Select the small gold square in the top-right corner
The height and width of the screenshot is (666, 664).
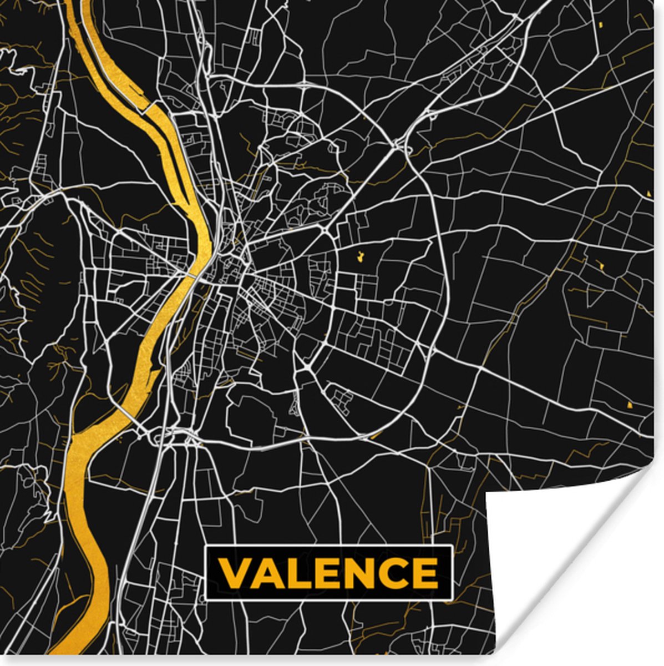pyautogui.click(x=601, y=25)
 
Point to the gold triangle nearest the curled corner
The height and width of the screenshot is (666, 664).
pyautogui.click(x=628, y=405)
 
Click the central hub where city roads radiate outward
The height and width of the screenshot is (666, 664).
pyautogui.click(x=245, y=272)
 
